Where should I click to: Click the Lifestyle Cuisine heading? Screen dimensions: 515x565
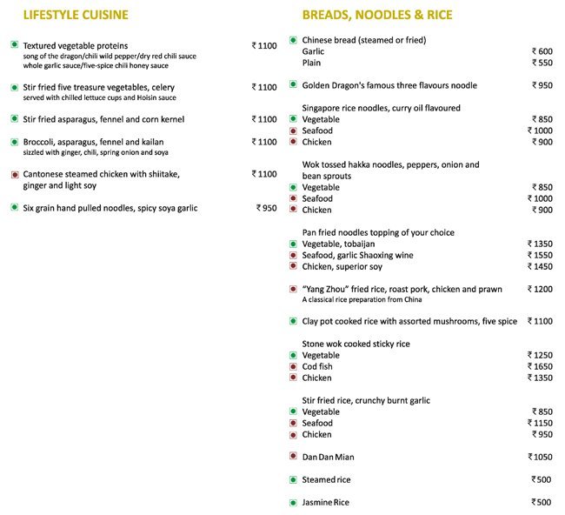76,15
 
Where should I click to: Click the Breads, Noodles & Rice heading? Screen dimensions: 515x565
376,15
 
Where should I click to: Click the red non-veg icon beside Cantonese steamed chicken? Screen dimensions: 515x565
15,174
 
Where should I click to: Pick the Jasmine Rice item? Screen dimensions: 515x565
325,503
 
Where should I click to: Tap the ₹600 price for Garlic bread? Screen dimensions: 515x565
542,51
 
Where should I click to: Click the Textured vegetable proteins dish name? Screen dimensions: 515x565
76,45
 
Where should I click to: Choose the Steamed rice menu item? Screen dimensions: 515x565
326,479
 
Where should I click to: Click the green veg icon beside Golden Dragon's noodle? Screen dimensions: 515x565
293,85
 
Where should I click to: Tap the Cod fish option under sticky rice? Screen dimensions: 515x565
317,367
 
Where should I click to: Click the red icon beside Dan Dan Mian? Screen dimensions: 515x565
293,457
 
